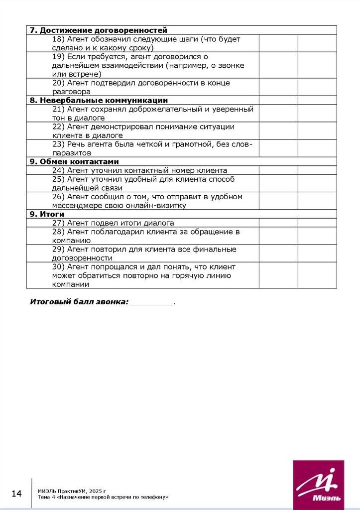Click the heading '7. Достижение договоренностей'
[99, 30]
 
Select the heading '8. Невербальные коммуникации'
[99, 100]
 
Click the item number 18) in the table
[58, 39]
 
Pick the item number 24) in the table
[58, 170]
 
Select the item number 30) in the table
[58, 267]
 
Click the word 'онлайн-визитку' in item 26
[158, 206]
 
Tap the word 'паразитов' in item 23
[72, 153]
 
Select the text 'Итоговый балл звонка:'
[79, 302]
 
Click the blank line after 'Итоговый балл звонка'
[152, 302]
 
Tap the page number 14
[17, 494]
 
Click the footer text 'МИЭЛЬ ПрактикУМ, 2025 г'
[72, 491]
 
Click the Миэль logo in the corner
[319, 485]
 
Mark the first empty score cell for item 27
[278, 223]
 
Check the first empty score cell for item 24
[278, 170]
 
